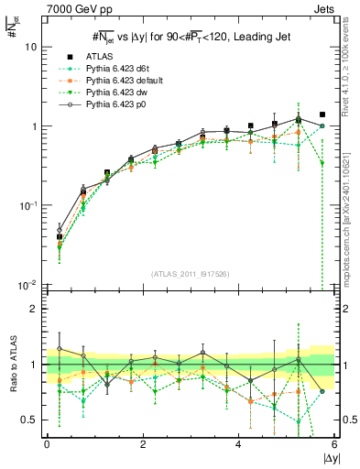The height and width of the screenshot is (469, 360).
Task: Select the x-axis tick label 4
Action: coord(238,444)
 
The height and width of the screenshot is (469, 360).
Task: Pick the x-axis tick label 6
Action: coord(334,444)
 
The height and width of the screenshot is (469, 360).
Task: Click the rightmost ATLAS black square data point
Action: coord(322,115)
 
